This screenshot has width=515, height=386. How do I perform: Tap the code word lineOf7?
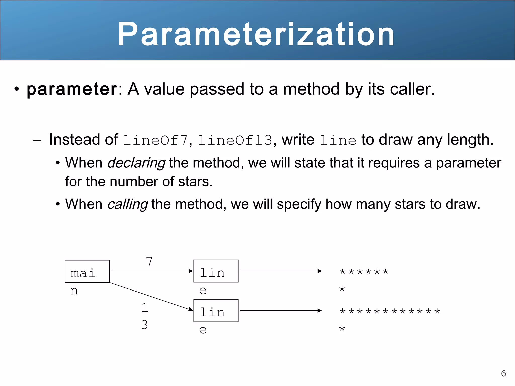pyautogui.click(x=156, y=140)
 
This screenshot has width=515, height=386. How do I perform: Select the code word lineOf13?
pyautogui.click(x=235, y=140)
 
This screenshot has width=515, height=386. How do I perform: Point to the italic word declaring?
pyautogui.click(x=136, y=163)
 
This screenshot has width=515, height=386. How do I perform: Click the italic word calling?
pyautogui.click(x=127, y=204)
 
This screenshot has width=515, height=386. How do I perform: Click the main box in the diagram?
pyautogui.click(x=87, y=271)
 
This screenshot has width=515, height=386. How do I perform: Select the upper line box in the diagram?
pyautogui.click(x=216, y=271)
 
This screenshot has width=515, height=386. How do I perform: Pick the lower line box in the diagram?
pyautogui.click(x=216, y=311)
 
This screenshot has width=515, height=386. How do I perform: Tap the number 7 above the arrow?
pyautogui.click(x=149, y=262)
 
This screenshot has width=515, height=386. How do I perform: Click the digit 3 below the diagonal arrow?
pyautogui.click(x=144, y=325)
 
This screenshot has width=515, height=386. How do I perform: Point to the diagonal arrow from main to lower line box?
pyautogui.click(x=151, y=297)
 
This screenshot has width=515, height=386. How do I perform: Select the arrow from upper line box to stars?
pyautogui.click(x=281, y=271)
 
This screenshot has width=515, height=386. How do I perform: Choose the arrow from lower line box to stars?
pyautogui.click(x=281, y=311)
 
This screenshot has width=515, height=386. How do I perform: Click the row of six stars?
pyautogui.click(x=364, y=272)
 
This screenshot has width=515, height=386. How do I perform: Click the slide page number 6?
pyautogui.click(x=503, y=373)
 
